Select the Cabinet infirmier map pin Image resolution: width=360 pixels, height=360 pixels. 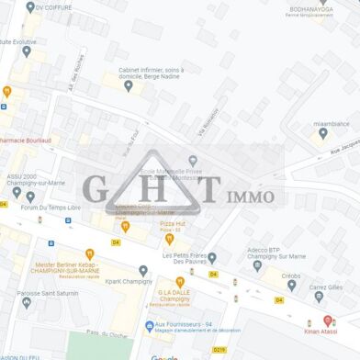(x=129, y=86)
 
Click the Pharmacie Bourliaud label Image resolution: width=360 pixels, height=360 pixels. (x=24, y=141)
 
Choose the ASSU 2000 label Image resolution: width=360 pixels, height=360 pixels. (x=23, y=175)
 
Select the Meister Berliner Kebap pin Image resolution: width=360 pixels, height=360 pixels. (x=89, y=253)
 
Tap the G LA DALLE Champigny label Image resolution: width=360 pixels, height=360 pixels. (x=175, y=298)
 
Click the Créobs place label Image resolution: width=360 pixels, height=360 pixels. (x=291, y=276)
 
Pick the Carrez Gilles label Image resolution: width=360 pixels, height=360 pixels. (x=328, y=287)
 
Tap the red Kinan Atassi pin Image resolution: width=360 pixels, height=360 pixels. (x=327, y=321)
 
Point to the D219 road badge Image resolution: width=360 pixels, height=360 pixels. (x=219, y=350)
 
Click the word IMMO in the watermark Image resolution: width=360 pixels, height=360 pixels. (x=250, y=196)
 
